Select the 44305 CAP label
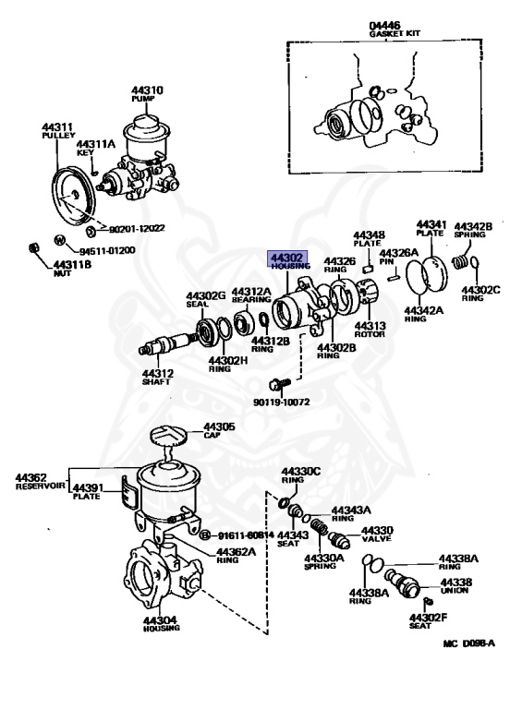[x=219, y=430]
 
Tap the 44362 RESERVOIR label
[x=41, y=480]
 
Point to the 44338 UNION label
[x=456, y=586]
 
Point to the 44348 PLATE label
[x=369, y=240]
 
